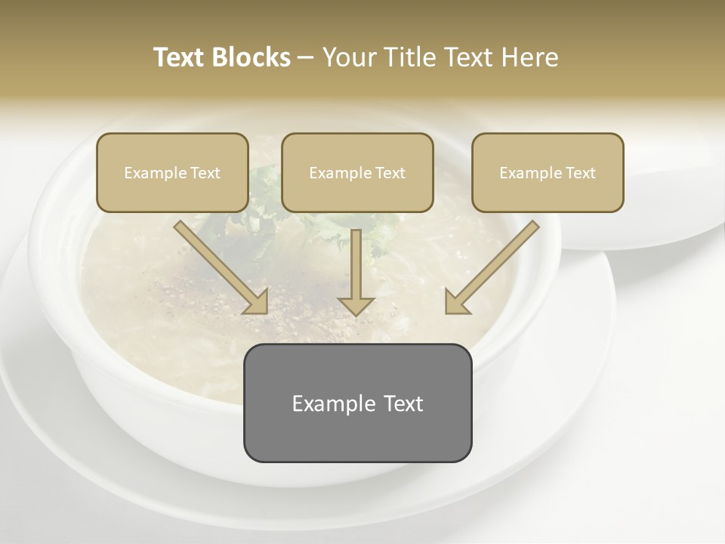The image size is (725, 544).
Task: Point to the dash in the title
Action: (306, 58)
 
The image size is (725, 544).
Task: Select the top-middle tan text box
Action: (357, 193)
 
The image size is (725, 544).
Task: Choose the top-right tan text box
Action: (548, 193)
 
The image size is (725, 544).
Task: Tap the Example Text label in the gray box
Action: (357, 403)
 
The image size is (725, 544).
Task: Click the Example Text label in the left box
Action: (172, 173)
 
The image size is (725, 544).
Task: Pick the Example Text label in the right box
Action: (548, 173)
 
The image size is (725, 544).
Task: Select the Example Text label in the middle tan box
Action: (357, 173)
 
